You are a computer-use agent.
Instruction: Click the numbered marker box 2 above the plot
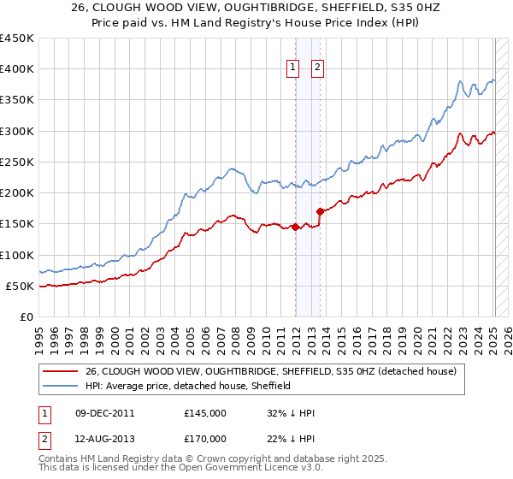click(x=317, y=68)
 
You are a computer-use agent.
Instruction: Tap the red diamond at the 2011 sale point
click(x=295, y=227)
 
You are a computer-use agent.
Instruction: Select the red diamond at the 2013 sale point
click(x=320, y=211)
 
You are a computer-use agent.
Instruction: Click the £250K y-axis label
click(x=17, y=162)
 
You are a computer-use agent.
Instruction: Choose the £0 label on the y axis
click(x=26, y=316)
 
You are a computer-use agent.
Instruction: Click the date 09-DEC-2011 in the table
click(x=105, y=413)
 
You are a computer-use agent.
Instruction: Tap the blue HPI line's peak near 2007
click(x=231, y=169)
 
